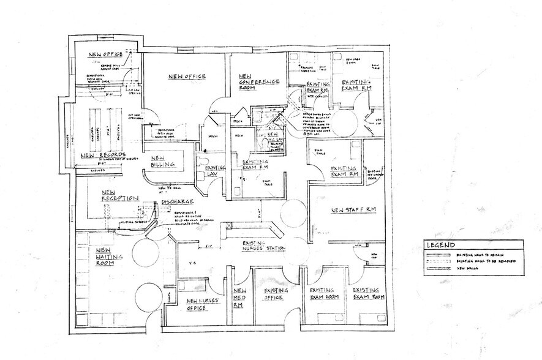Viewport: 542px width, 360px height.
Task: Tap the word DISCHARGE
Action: click(x=178, y=202)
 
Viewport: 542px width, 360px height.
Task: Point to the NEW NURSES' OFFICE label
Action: click(x=202, y=304)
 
